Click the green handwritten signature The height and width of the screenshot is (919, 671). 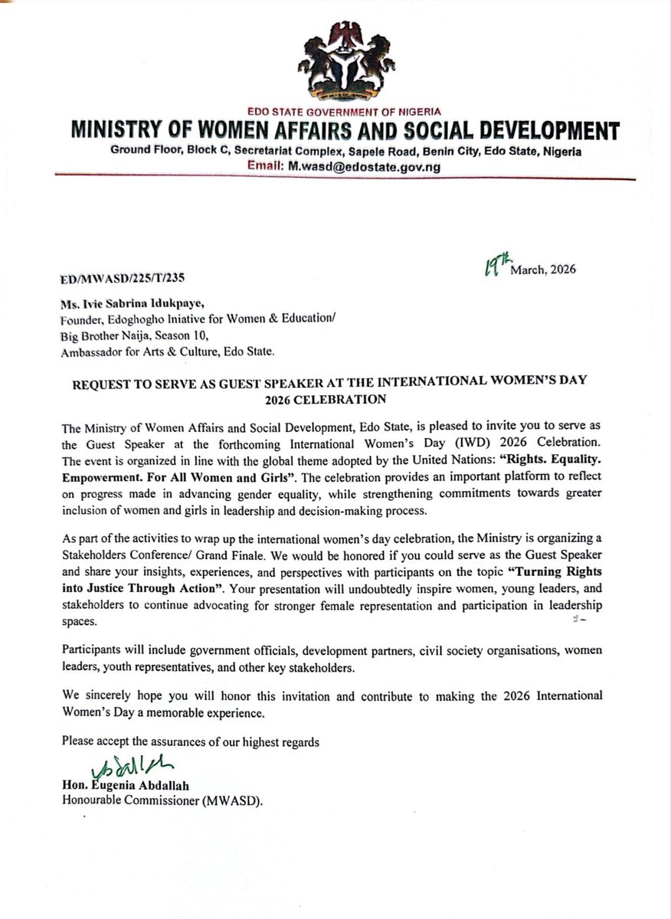125,762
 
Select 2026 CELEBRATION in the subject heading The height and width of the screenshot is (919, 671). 335,399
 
